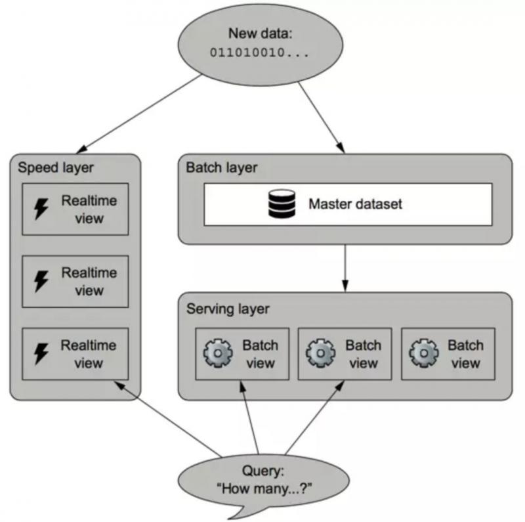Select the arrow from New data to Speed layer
(x=141, y=112)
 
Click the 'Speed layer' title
(x=56, y=167)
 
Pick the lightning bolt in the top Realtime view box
(x=41, y=209)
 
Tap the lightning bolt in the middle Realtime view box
(x=41, y=282)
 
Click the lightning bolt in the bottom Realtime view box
(x=41, y=354)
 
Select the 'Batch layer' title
(x=222, y=167)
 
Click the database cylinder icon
(x=282, y=204)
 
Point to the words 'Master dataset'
(x=355, y=204)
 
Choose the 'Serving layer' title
(x=227, y=309)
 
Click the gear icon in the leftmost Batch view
(x=218, y=354)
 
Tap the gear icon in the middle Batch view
(x=321, y=354)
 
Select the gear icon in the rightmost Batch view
(x=423, y=354)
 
